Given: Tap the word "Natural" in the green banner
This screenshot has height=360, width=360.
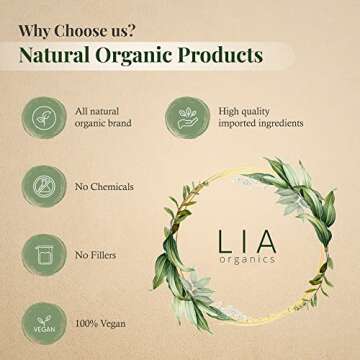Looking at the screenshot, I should (x=65, y=52).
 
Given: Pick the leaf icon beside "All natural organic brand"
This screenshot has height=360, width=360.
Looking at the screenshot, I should (x=37, y=113).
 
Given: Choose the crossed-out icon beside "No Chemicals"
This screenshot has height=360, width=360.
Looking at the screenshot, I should (x=37, y=186).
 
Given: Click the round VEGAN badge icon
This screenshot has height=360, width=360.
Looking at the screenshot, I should (x=37, y=326).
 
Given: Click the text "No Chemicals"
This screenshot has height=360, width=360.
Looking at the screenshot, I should (x=105, y=186).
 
